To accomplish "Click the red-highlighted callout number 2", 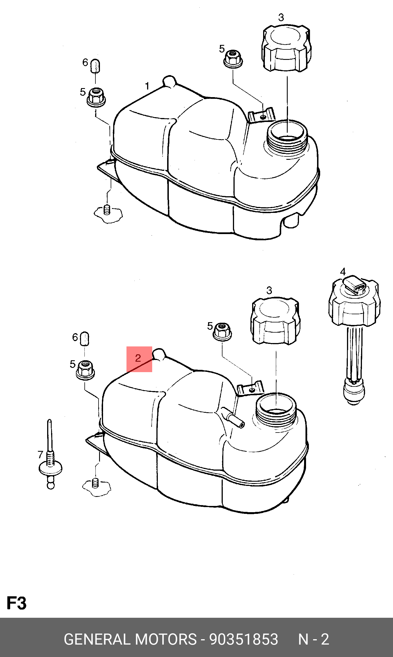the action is [138, 358].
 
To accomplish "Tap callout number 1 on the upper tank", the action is [147, 86].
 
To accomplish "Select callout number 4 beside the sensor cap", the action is [343, 272].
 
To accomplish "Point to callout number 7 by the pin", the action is [40, 455].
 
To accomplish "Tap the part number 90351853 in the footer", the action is [244, 639].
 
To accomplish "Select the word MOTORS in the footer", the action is [166, 639].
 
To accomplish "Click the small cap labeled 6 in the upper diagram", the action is [96, 66].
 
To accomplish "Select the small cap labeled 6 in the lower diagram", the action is [85, 339].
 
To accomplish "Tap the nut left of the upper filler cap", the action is [233, 59].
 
